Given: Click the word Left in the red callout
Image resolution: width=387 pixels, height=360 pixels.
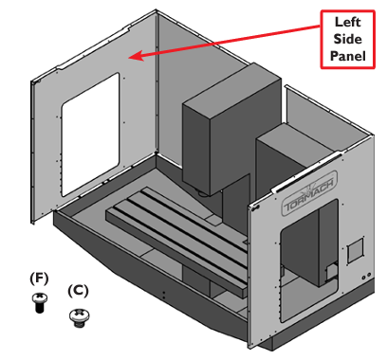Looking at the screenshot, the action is point(347,22).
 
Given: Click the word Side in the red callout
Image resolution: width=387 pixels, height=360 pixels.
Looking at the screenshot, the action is point(347,39).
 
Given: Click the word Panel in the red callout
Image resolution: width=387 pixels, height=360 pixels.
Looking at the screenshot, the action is point(348,56).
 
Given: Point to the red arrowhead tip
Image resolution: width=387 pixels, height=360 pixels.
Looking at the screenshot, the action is point(129,58).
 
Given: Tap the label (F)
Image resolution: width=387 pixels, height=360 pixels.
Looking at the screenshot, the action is point(39,279).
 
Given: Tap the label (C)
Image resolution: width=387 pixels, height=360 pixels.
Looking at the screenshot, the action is point(78,291).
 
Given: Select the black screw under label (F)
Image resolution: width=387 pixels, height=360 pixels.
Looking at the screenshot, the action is point(40,302).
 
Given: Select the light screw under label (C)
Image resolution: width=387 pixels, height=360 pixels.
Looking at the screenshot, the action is point(79,317).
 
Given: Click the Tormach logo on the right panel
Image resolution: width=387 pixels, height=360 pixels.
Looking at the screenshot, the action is point(309,193).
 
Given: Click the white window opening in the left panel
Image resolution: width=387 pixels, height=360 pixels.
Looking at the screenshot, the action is point(90,135).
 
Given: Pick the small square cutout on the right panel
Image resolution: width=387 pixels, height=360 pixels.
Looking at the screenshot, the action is point(357,247).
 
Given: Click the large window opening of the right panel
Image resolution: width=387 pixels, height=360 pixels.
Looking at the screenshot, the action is point(309,261).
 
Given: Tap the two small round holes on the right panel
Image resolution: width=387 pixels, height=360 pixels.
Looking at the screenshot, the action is point(366,276).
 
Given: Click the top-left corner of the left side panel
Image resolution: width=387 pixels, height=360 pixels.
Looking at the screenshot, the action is point(31,81).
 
